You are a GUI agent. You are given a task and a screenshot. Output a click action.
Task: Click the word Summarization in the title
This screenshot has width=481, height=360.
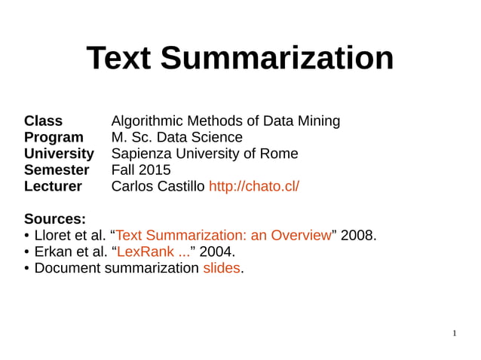(277, 59)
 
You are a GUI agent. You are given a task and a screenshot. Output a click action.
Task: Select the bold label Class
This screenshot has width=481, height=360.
(43, 121)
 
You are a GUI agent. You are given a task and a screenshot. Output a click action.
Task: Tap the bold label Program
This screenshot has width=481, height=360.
(54, 137)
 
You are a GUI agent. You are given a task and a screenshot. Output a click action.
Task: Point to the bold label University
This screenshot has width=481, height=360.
(59, 154)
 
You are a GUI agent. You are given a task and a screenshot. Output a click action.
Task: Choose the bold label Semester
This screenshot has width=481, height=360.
(57, 170)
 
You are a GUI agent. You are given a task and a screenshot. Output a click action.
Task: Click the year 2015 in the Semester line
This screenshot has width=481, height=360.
(155, 170)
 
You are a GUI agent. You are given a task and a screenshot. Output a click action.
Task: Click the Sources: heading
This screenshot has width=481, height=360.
(55, 219)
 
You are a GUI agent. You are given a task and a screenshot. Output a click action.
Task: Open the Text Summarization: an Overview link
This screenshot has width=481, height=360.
(223, 236)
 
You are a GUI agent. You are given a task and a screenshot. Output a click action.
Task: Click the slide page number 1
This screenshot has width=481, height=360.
(455, 333)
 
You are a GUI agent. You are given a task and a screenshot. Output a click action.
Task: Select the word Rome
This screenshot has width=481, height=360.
(279, 154)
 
